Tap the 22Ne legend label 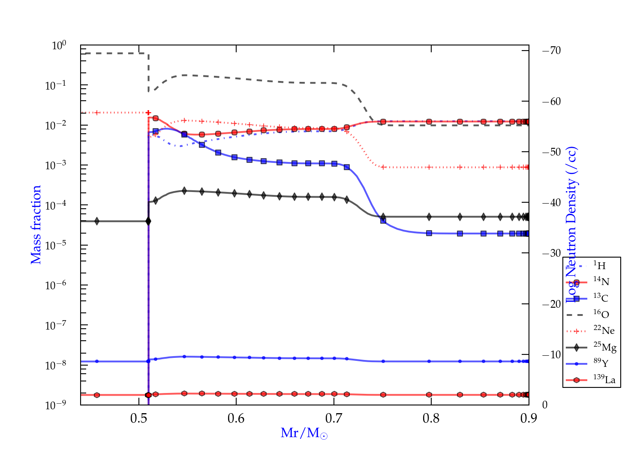coord(604,330)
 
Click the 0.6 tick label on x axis coord(236,418)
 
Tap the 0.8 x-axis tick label coord(431,418)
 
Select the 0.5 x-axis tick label coord(139,418)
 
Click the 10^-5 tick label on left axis coord(56,246)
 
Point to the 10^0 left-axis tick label coord(59,45)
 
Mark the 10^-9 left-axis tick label coord(56,405)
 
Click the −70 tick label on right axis coord(551,51)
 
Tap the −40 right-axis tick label coord(551,202)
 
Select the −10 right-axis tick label coord(551,354)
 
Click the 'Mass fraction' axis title coord(36,225)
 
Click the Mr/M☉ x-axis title coord(304,433)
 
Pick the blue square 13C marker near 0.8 coord(429,233)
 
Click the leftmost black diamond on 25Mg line coord(97,221)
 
